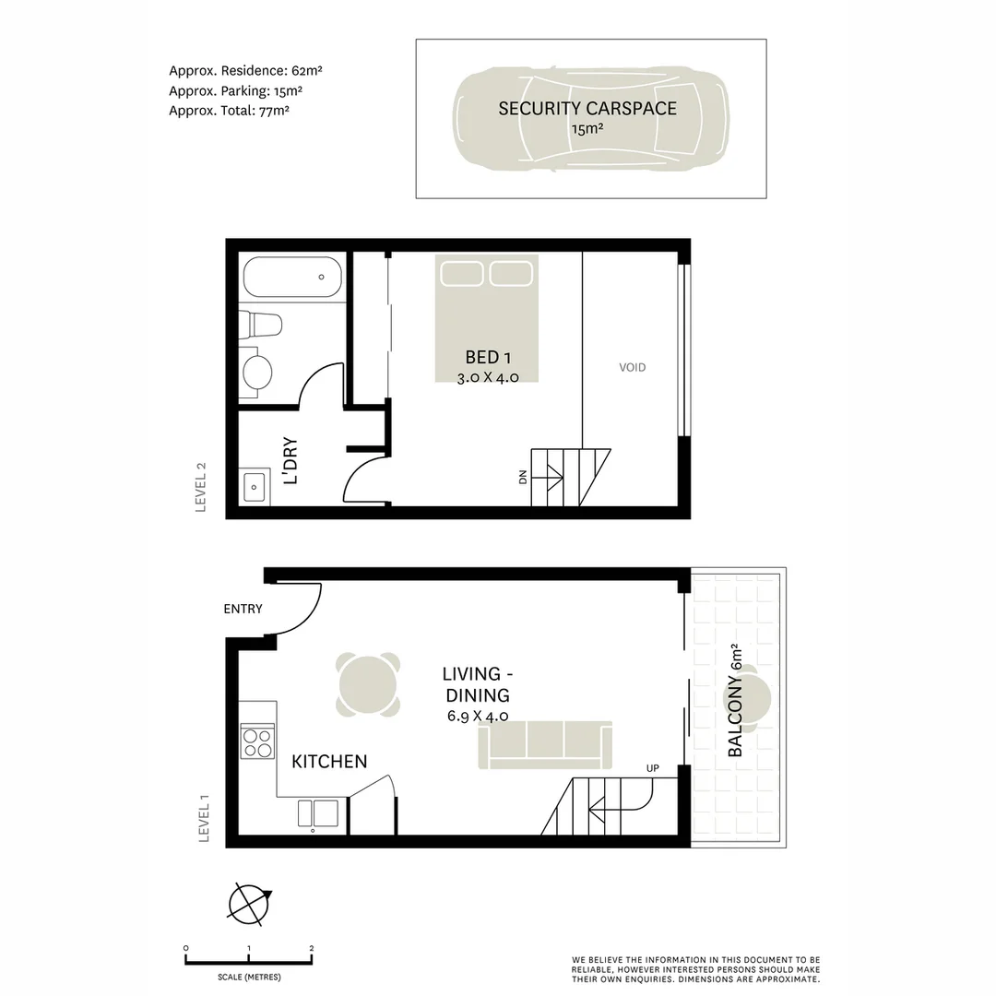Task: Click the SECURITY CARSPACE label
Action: [587, 108]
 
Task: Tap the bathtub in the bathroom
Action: [292, 277]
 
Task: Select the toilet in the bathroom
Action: [261, 326]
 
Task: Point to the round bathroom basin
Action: [256, 373]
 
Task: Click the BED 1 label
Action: [482, 357]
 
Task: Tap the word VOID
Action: [633, 367]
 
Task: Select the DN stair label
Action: [523, 477]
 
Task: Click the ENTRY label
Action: [243, 609]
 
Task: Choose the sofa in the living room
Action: [545, 744]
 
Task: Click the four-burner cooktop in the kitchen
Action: [257, 741]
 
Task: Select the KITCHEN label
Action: [329, 762]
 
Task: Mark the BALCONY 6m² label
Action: [736, 700]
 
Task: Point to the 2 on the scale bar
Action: [312, 948]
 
